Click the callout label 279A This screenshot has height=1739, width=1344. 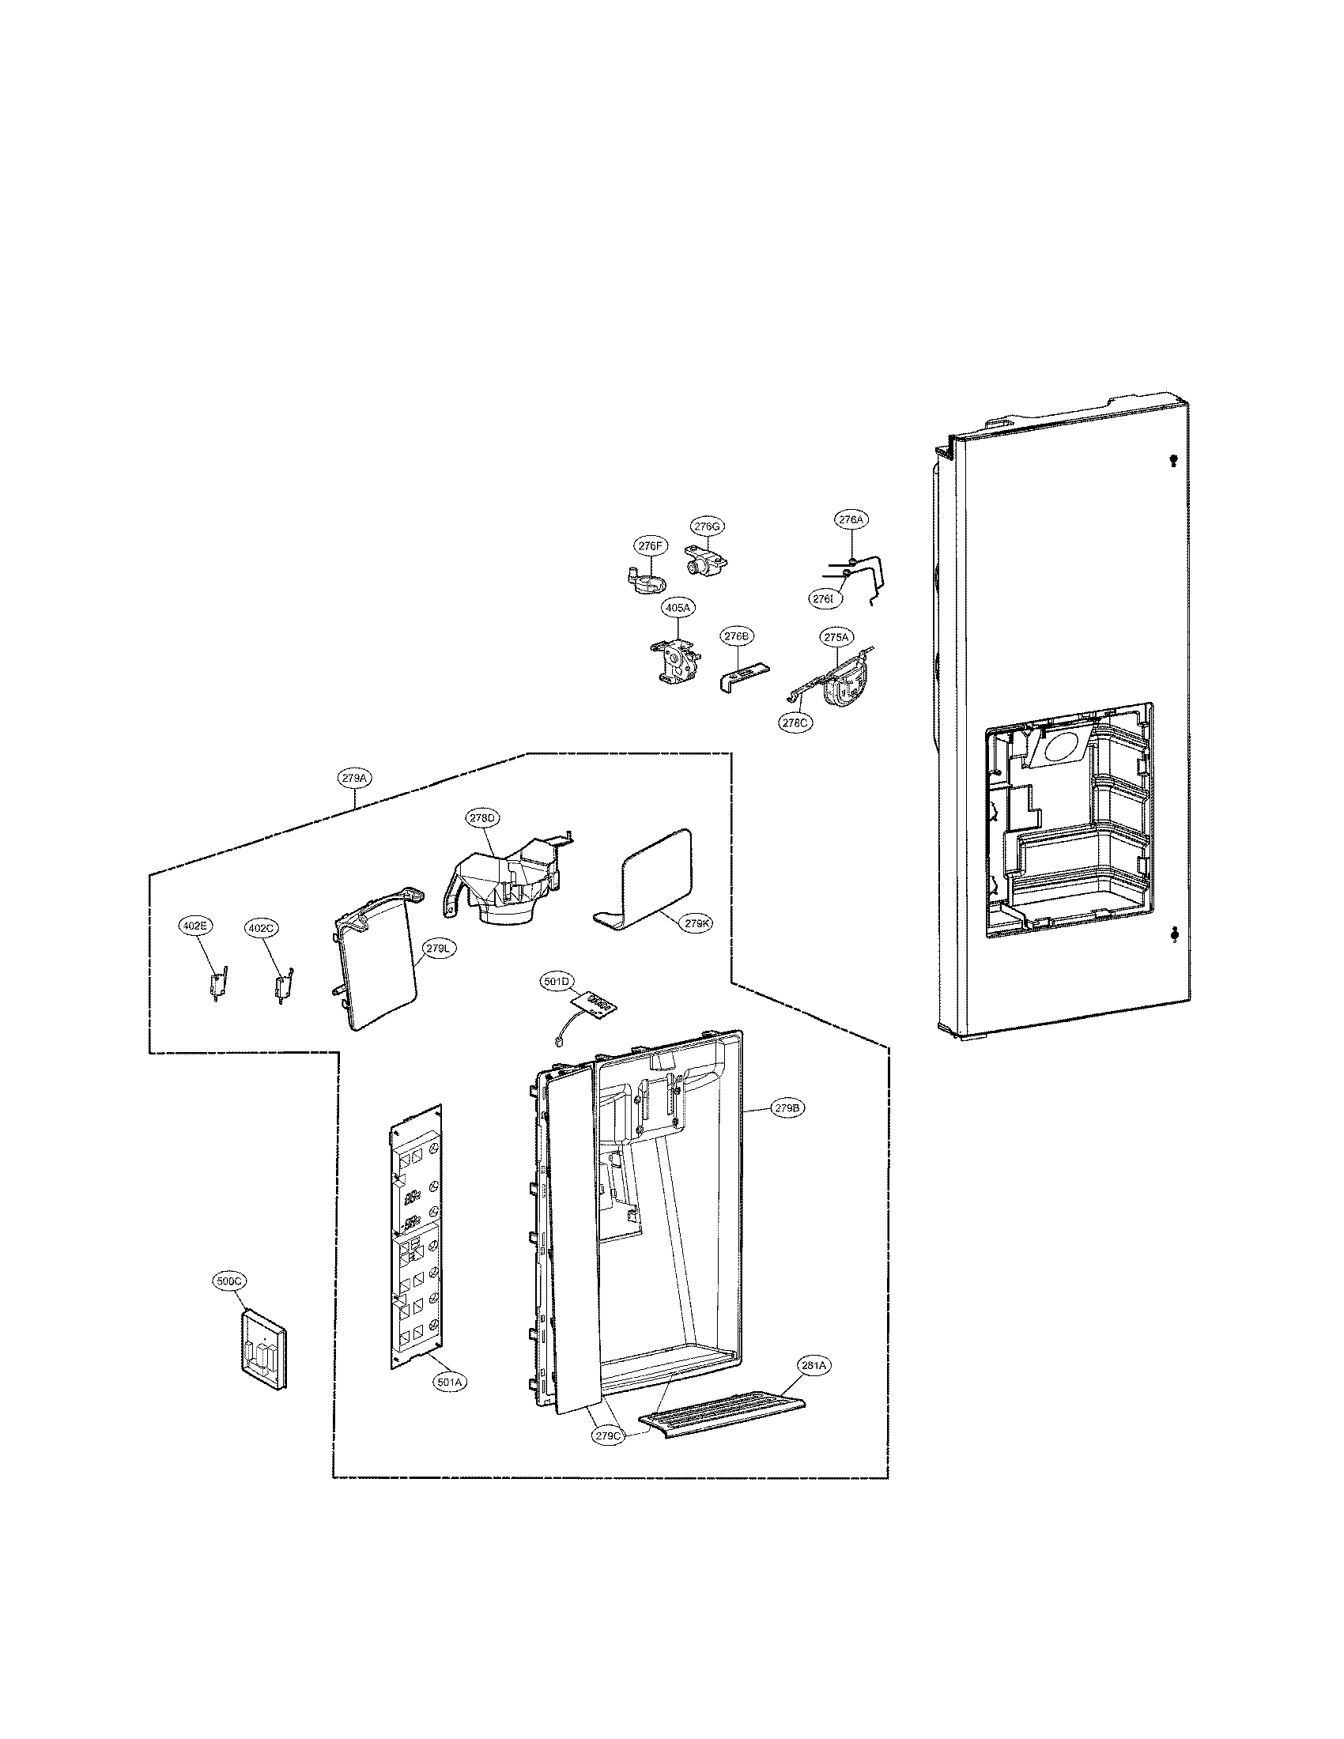(354, 778)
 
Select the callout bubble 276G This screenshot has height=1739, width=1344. (706, 526)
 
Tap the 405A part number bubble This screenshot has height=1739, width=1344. (678, 608)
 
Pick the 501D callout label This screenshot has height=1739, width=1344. (558, 982)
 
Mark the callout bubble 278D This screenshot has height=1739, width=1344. (482, 818)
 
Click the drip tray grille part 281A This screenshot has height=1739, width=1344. (721, 1419)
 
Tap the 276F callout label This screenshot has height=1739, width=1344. (649, 545)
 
